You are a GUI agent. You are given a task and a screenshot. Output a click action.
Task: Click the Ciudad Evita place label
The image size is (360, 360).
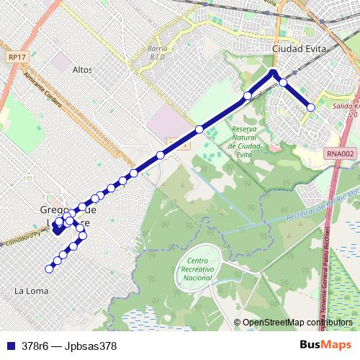pos(300,49)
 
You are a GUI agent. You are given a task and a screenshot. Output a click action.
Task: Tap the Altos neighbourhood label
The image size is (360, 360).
pos(83,70)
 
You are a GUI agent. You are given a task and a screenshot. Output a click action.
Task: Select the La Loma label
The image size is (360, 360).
pos(31,291)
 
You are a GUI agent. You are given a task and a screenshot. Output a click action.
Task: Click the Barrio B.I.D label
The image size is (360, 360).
pos(157,52)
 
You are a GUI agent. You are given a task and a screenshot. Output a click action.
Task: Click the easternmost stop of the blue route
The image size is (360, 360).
pos(311,107)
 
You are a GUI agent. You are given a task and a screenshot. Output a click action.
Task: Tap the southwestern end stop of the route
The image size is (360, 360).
pos(49,269)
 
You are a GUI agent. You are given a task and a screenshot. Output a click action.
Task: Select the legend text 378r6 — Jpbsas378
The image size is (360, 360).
pos(69,346)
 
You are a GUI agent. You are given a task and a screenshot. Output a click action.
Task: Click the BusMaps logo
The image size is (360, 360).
pos(325,345)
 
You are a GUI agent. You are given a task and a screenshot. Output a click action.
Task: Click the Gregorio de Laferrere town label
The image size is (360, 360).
pos(64,215)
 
